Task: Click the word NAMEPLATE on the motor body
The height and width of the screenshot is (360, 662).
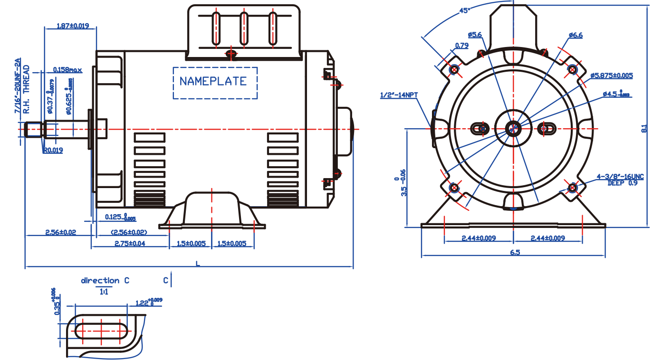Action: point(213,81)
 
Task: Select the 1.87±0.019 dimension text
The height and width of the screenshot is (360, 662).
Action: point(73,26)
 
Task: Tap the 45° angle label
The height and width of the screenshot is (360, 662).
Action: point(465,10)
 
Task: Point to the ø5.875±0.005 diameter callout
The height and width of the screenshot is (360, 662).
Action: point(612,76)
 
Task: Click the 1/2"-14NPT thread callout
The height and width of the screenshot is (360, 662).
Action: point(399,95)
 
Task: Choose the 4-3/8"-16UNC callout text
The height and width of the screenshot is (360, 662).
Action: point(621,177)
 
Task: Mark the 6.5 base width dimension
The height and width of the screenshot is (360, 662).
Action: point(515,253)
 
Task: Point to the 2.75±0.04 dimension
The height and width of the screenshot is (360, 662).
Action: point(130,243)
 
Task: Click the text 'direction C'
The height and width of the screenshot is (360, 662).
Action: point(105,281)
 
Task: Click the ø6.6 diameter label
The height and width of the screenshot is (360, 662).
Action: point(575,35)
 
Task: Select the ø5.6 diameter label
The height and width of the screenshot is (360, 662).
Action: point(475,35)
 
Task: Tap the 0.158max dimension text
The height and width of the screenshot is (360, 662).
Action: point(67,70)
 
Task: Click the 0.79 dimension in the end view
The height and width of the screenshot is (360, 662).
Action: point(462,46)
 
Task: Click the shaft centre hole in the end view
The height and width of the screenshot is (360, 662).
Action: point(513,128)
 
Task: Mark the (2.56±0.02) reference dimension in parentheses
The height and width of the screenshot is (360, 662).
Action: point(129,232)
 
